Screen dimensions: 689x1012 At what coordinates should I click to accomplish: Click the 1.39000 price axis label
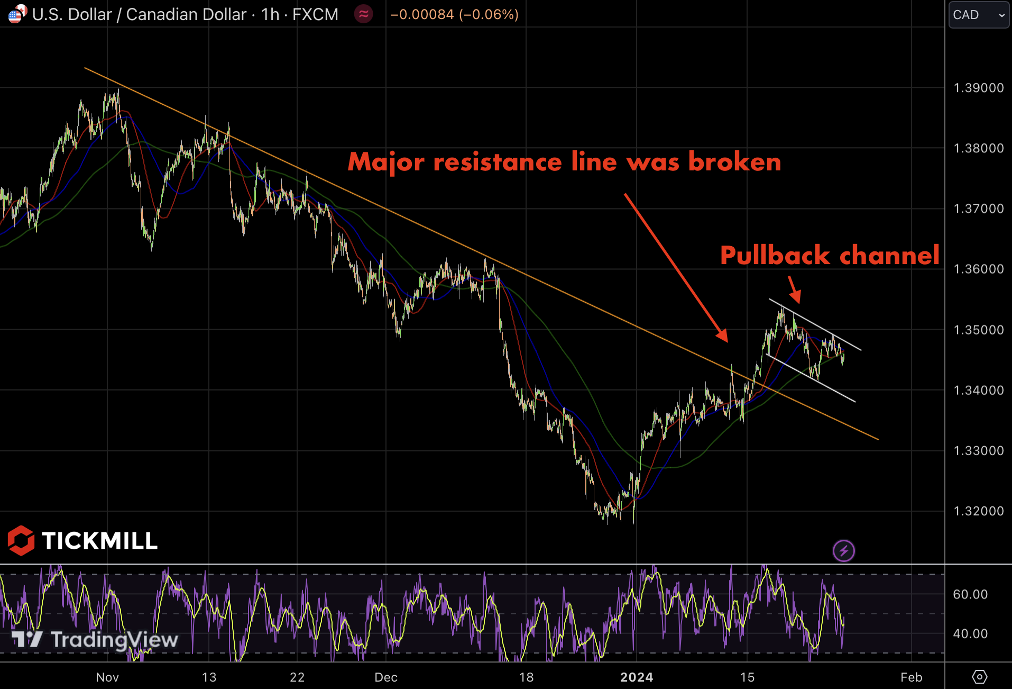(978, 88)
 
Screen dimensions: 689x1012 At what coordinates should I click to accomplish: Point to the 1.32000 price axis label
(978, 511)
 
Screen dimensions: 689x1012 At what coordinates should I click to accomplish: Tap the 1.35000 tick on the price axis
(978, 330)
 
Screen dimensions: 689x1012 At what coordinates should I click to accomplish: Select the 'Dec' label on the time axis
(386, 677)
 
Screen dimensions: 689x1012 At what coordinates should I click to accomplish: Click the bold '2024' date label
(637, 677)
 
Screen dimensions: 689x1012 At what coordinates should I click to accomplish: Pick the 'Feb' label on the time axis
(912, 677)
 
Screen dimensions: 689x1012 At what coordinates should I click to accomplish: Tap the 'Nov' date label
(107, 677)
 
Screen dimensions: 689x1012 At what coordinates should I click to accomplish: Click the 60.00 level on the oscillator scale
(970, 594)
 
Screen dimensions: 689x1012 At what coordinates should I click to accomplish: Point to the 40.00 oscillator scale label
(970, 633)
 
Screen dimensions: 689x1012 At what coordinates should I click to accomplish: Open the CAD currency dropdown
(979, 15)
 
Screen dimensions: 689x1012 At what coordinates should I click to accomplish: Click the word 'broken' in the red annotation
(734, 162)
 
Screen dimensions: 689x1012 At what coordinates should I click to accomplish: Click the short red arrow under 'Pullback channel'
(795, 291)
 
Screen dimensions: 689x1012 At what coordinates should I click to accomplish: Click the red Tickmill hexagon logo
(21, 540)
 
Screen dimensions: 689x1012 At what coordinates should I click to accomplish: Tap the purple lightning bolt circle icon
(843, 551)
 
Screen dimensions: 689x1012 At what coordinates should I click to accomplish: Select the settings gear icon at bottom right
(979, 677)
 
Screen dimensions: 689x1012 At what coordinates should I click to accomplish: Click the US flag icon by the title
(16, 14)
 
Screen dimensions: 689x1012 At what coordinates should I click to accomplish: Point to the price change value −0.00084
(422, 14)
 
